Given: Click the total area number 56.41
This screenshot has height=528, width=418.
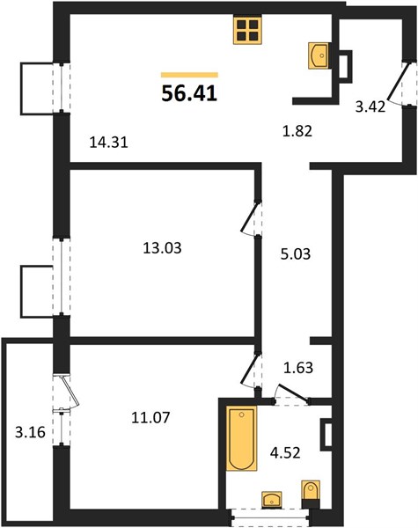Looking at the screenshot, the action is click(x=189, y=93).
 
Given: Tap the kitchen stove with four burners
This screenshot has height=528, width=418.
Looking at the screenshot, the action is click(x=247, y=30).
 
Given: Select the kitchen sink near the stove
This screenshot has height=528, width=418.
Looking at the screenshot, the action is click(x=319, y=56).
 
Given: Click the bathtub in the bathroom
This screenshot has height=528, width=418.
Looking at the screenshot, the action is click(x=241, y=438).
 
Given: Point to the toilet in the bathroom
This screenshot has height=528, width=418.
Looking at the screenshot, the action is click(x=311, y=495).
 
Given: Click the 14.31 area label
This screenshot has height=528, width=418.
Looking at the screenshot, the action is click(x=109, y=143).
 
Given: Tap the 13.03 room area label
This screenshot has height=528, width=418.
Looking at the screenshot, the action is click(x=162, y=248).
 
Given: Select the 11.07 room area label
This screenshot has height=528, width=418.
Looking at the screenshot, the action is click(x=150, y=418).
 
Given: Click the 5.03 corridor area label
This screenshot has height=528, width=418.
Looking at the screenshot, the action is click(x=296, y=254).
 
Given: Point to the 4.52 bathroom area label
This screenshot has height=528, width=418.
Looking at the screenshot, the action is click(x=285, y=453).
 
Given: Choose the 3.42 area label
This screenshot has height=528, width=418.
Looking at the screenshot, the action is click(x=370, y=107).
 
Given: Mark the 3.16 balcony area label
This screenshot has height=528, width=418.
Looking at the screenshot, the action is click(x=30, y=432).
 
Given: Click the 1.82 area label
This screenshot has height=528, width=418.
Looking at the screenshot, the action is click(x=297, y=131).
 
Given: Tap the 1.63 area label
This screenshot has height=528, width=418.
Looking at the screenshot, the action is click(x=298, y=368).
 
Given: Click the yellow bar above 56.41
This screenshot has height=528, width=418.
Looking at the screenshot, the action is click(x=189, y=75).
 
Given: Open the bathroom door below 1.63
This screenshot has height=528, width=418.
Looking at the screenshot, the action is click(x=292, y=393).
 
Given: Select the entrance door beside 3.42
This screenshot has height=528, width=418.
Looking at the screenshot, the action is click(x=400, y=82).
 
